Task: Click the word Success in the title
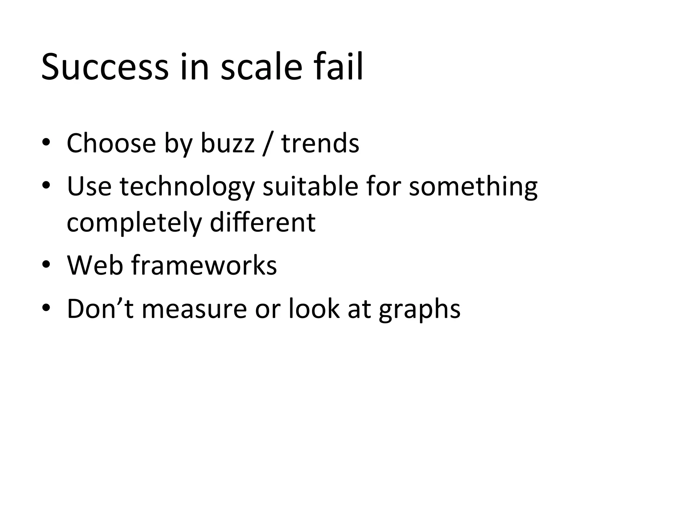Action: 105,67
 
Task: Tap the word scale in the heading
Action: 261,67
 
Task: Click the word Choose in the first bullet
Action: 111,143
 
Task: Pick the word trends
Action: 320,143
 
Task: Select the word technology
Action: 187,187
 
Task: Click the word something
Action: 473,187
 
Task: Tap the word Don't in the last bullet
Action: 100,309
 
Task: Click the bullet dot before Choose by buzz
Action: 46,142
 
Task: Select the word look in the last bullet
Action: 314,309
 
